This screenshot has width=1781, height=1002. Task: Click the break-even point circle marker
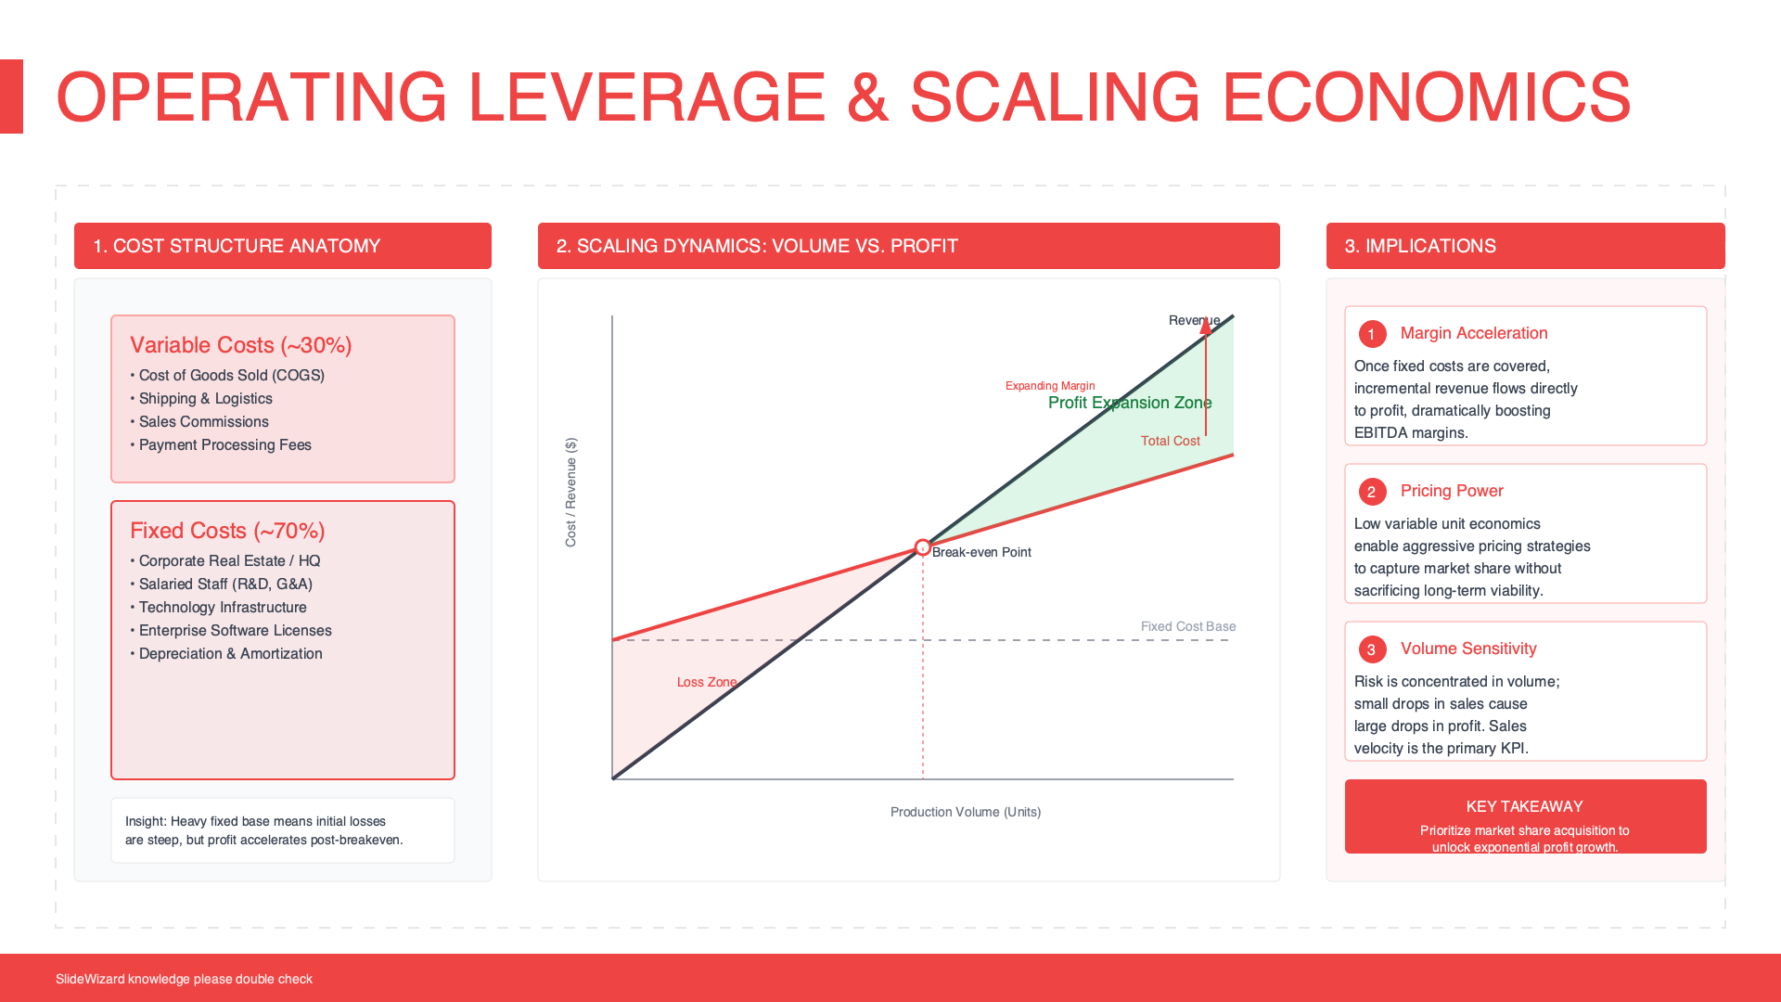tap(922, 547)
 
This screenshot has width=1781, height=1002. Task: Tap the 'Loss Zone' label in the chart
tap(707, 682)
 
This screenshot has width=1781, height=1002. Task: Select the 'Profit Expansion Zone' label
tap(1130, 403)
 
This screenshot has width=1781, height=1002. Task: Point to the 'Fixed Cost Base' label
tap(1188, 626)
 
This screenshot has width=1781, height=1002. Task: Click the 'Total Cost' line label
tap(1171, 441)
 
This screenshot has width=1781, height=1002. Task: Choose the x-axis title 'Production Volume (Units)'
tap(966, 812)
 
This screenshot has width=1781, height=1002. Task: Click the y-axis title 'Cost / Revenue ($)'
tap(570, 492)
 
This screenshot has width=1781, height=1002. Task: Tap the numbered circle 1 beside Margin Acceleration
tap(1372, 334)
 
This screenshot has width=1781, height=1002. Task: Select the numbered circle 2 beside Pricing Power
tap(1372, 492)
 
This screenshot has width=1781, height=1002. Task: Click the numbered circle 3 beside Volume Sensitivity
tap(1372, 649)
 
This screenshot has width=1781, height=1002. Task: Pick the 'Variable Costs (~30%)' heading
tap(241, 345)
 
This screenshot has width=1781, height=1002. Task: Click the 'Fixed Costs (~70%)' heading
tap(227, 531)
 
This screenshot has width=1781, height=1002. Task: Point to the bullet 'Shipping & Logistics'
tap(206, 399)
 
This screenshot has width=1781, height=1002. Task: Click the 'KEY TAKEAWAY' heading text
tap(1525, 806)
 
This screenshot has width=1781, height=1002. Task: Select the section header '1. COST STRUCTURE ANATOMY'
tap(237, 246)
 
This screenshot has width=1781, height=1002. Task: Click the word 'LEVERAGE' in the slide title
tap(647, 96)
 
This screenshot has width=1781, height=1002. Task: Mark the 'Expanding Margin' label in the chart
tap(1050, 386)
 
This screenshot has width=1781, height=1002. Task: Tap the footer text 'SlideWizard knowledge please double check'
tap(184, 979)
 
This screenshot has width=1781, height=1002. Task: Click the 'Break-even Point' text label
tap(981, 552)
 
